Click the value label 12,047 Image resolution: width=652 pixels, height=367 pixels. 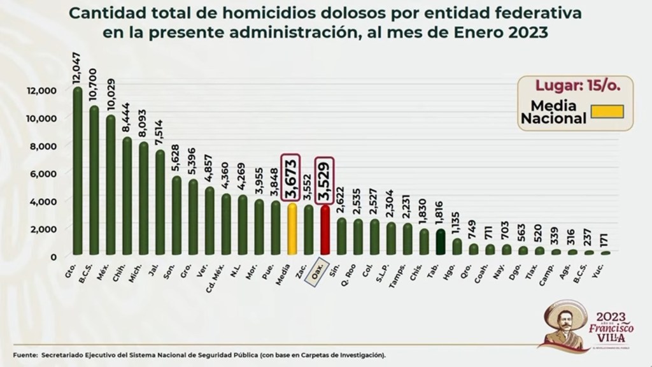(x=77, y=70)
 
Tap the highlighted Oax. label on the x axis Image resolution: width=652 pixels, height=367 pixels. (x=316, y=272)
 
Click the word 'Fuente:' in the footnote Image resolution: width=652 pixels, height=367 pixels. (x=23, y=354)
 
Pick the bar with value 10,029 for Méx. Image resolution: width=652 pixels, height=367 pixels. (x=110, y=185)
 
